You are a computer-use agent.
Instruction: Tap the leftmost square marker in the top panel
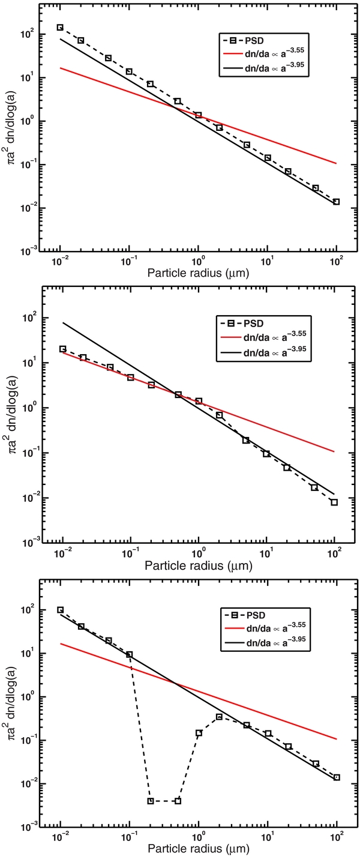60,28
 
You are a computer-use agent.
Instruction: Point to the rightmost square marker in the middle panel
334,502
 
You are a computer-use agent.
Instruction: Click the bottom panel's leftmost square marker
60,610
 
